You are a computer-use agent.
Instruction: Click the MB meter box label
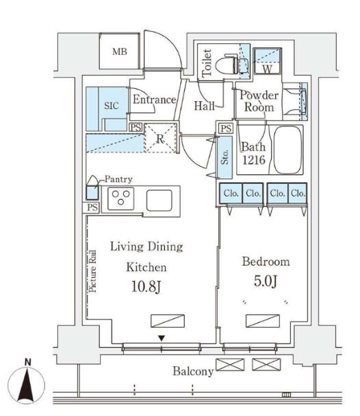(x=120, y=51)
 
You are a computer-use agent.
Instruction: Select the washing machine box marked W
(x=267, y=61)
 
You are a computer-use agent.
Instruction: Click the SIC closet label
(x=112, y=105)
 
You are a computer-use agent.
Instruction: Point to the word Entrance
(x=154, y=99)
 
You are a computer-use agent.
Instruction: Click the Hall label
(x=204, y=106)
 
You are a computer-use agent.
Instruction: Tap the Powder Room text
(x=259, y=101)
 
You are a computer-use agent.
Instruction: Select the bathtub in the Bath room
(x=287, y=150)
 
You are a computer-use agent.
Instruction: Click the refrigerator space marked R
(x=160, y=138)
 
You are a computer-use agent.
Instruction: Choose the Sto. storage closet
(x=225, y=157)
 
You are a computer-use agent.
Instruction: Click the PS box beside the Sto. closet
(x=226, y=129)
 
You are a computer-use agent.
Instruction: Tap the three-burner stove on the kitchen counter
(x=120, y=198)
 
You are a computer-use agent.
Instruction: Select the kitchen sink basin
(x=159, y=200)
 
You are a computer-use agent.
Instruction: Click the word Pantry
(x=118, y=179)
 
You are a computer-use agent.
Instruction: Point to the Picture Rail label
(x=92, y=271)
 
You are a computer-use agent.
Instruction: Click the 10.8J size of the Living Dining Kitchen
(x=146, y=287)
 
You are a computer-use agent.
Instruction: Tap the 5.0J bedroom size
(x=266, y=281)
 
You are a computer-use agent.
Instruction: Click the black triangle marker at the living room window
(x=162, y=338)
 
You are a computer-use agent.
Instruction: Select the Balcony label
(x=193, y=371)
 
